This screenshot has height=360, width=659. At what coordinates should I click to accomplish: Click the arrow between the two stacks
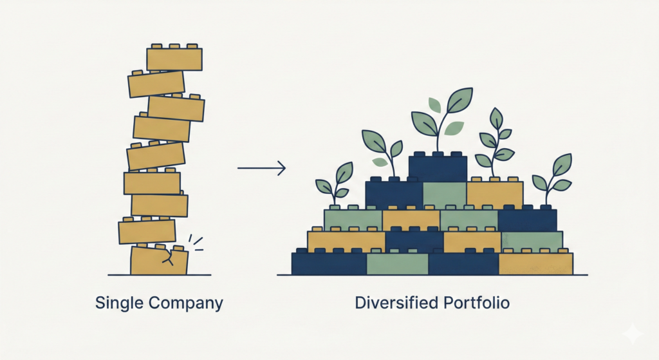click(261, 169)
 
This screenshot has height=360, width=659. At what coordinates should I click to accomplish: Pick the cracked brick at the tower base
click(158, 261)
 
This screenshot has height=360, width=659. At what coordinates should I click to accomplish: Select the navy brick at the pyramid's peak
click(438, 169)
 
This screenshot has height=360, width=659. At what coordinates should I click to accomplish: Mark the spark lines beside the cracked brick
click(196, 243)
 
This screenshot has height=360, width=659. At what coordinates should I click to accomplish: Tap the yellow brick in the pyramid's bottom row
click(535, 264)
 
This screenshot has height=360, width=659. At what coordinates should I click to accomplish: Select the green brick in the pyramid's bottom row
click(397, 264)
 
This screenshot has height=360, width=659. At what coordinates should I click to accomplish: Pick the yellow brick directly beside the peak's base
click(494, 194)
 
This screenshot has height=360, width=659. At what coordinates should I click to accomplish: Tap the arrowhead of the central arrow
click(281, 169)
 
